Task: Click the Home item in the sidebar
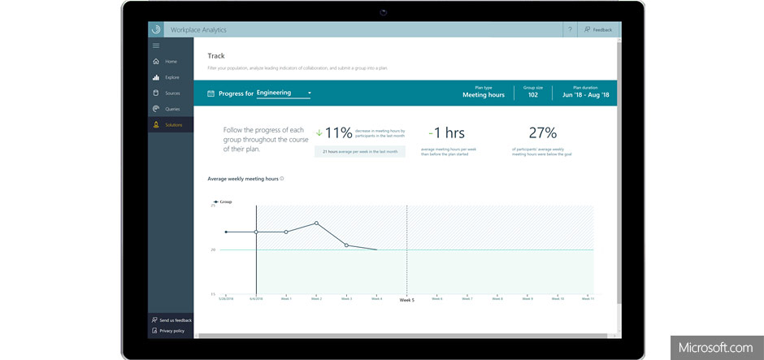170,62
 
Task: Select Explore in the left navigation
171,77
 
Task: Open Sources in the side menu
171,93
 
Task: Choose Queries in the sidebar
171,109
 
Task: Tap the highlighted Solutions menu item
172,124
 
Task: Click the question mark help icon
570,29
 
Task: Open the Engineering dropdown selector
284,93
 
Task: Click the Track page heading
216,56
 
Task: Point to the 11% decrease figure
338,132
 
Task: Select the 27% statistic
542,132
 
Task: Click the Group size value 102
532,95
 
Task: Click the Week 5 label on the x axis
406,300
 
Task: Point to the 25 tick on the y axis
213,206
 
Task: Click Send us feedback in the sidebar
175,320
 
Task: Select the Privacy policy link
171,331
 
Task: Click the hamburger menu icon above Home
156,46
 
